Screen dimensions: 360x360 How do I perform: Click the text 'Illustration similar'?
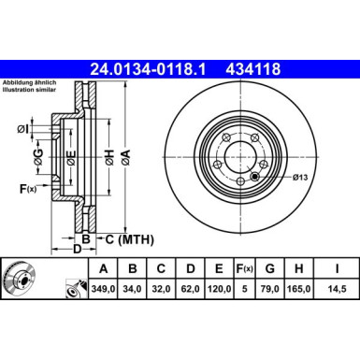click(30, 92)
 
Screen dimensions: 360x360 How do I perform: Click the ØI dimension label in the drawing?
click(22, 128)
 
